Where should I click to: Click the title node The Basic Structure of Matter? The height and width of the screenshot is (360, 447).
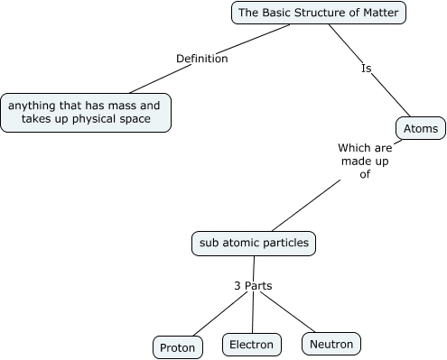click(319, 13)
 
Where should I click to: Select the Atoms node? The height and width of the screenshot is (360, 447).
click(420, 129)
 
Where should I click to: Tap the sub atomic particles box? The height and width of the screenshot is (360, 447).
click(255, 243)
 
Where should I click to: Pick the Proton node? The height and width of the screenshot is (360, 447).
click(177, 347)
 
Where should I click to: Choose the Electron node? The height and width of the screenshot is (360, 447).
click(250, 345)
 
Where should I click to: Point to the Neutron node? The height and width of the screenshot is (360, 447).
click(331, 344)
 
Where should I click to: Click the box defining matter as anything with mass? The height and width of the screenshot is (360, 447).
click(84, 113)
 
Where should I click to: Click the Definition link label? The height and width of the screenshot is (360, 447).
click(201, 59)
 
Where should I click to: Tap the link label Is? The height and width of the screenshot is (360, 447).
click(367, 68)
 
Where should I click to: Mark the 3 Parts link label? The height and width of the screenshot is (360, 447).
click(253, 286)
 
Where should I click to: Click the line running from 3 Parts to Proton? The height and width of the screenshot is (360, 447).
click(213, 315)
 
